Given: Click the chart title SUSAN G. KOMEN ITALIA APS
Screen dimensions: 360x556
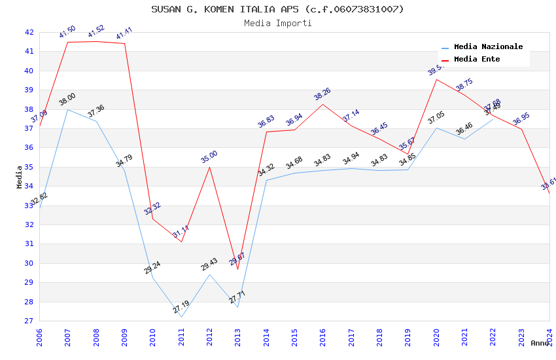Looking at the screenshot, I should [x=277, y=9].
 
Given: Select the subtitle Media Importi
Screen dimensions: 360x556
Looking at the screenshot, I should [x=277, y=24].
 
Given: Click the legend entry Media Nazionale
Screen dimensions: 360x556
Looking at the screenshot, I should [x=488, y=47].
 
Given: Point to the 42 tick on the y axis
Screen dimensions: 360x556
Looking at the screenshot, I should [x=29, y=32].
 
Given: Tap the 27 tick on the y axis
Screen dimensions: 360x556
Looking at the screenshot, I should [x=29, y=321].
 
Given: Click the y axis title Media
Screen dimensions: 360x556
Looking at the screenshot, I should [x=20, y=177].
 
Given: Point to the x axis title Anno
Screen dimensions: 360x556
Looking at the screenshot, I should [x=540, y=343].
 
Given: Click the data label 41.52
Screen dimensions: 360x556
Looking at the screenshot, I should [x=96, y=31].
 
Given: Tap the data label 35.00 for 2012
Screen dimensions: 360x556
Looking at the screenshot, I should [x=209, y=156].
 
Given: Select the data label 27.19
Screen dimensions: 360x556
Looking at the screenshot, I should [x=181, y=306].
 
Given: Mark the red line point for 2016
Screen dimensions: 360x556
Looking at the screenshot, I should [x=322, y=104].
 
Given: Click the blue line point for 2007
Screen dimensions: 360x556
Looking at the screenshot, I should [x=67, y=109].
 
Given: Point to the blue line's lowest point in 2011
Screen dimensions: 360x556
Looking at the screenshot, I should [x=181, y=317].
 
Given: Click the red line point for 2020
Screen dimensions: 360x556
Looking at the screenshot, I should [x=436, y=79].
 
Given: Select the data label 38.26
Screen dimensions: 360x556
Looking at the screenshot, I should [x=322, y=94].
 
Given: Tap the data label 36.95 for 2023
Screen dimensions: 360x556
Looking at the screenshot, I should [x=521, y=118].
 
